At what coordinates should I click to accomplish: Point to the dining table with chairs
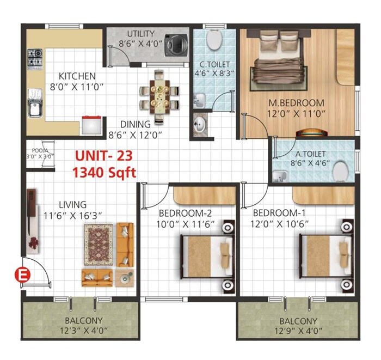pyautogui.click(x=159, y=95)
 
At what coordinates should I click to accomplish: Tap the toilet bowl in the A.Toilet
pyautogui.click(x=341, y=170)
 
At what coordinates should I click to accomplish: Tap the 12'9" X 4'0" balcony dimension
pyautogui.click(x=299, y=331)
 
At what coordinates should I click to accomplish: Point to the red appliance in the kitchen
pyautogui.click(x=91, y=125)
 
